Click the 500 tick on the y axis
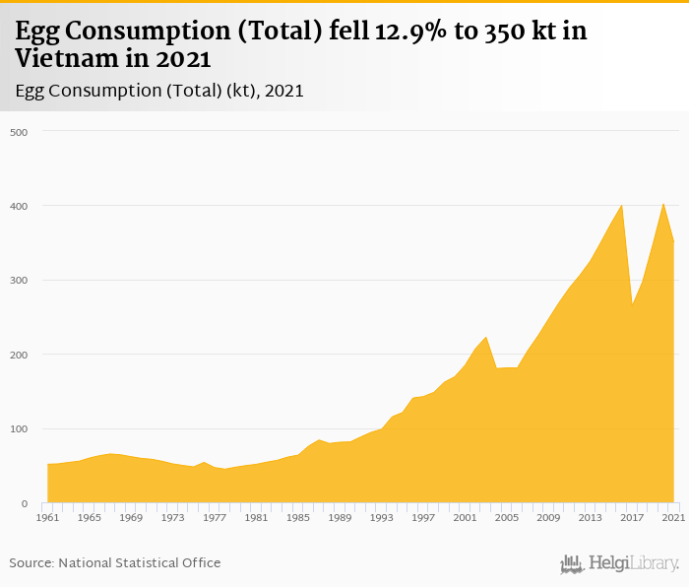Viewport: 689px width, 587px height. (19, 132)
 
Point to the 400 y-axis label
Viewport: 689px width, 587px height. (19, 206)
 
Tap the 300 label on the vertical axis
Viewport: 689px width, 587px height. (19, 281)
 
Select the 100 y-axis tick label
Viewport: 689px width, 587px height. (19, 429)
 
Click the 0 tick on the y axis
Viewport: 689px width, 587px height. (23, 503)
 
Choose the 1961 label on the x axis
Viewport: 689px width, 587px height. (47, 517)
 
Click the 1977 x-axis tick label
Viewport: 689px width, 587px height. (214, 517)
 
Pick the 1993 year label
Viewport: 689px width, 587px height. (381, 517)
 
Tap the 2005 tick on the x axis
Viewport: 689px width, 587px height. (506, 517)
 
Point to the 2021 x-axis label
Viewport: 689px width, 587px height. (673, 517)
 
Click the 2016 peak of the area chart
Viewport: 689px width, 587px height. (621, 205)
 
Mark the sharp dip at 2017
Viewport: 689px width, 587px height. (632, 303)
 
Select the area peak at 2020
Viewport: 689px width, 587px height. (663, 204)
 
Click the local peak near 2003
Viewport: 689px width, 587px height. (485, 337)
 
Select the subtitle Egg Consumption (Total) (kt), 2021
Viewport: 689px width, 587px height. (158, 91)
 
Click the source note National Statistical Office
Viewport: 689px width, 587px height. (139, 562)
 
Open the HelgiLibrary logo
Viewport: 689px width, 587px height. (620, 563)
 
